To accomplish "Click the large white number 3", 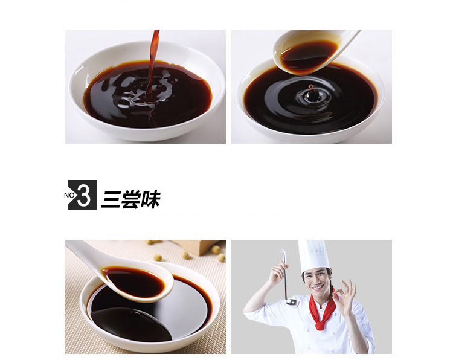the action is pos(84,196).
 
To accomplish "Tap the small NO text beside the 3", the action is pos(69,195).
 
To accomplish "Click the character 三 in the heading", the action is pos(111,199).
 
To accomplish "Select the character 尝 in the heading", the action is pos(130,199).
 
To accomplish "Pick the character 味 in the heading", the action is pos(150,199).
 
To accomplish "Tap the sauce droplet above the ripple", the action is pos(310,86).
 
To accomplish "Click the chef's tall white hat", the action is pos(313,256).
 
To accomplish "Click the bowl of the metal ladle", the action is pos(292,303).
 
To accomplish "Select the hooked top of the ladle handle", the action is pos(283,252).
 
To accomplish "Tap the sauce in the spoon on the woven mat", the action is pos(133,281).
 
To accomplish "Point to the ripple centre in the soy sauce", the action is pos(312,96).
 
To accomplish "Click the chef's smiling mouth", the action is pos(317,288).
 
